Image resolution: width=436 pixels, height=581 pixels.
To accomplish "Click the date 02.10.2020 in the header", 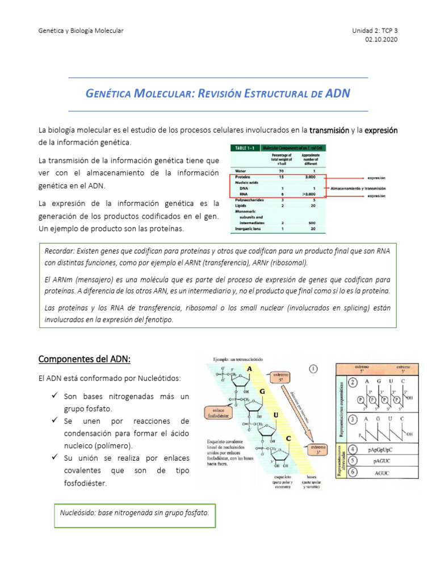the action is coord(383,40).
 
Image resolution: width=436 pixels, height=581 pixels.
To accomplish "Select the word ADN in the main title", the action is coord(338,93).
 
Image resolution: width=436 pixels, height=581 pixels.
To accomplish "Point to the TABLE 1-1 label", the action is coord(243,148).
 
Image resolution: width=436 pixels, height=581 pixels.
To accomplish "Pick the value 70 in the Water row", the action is coord(281,170).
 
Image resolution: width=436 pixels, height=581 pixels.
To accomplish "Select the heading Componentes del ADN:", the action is coord(84,359).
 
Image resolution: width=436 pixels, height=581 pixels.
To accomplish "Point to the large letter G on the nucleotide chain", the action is coord(262,391).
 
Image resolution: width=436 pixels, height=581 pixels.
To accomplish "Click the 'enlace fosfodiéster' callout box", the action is coord(219,411).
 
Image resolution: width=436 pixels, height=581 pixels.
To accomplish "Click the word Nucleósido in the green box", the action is coord(78,513).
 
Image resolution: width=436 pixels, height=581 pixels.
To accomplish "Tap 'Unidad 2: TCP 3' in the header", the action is coord(375,30).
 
